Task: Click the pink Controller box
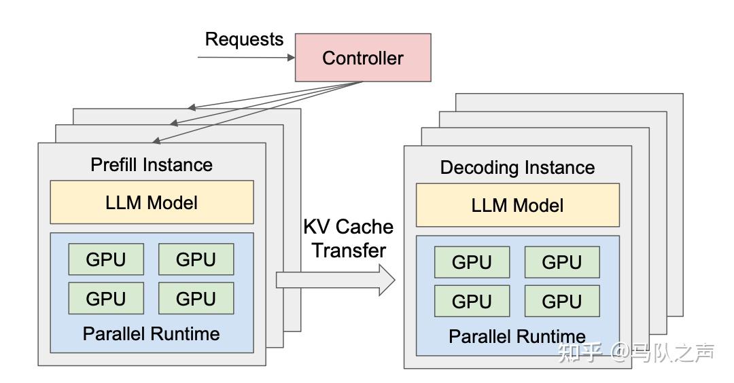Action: point(363,58)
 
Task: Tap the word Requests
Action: point(245,40)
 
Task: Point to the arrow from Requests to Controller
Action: point(246,58)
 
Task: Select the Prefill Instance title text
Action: point(152,164)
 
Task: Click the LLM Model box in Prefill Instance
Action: point(152,202)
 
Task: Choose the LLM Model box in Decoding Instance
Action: point(518,205)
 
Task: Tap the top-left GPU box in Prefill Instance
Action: point(106,259)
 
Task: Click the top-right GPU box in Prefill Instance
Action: point(196,259)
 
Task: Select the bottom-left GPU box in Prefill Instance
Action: point(106,298)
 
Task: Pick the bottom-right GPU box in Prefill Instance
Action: point(196,298)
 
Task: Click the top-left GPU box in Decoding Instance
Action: point(472,262)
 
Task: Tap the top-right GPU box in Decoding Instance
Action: point(562,262)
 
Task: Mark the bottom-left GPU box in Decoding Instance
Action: point(472,301)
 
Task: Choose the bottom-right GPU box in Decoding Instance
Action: point(562,301)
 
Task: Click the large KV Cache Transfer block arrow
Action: point(336,280)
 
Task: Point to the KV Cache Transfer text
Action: point(349,238)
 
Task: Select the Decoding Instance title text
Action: point(518,168)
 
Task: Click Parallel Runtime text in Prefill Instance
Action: point(151,334)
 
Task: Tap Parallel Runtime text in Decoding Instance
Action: point(517,337)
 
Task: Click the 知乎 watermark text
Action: point(580,352)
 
